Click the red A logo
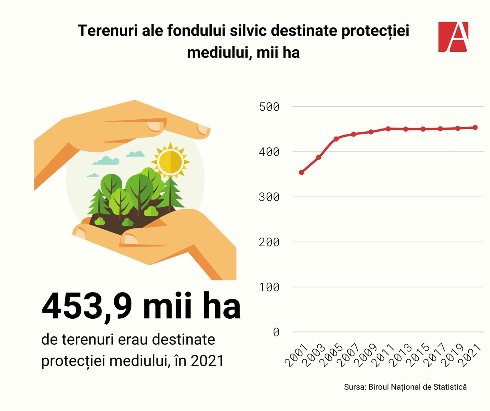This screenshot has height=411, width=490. click(x=453, y=37)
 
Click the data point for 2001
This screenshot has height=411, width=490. click(x=302, y=172)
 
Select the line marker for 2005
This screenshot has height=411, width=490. click(x=336, y=139)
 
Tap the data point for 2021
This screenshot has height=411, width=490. click(x=475, y=128)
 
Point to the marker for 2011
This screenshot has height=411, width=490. click(x=388, y=129)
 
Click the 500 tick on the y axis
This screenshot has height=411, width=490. click(x=269, y=107)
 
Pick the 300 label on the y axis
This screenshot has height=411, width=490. click(x=269, y=197)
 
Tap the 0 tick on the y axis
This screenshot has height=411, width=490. click(x=276, y=332)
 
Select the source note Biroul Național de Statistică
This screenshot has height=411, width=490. click(x=417, y=387)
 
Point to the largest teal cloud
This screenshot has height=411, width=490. click(x=106, y=161)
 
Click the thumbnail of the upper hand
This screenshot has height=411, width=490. click(x=154, y=126)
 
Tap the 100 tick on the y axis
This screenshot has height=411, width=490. click(x=269, y=287)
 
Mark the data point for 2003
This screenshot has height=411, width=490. click(x=319, y=157)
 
